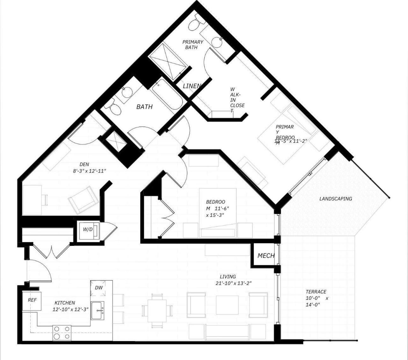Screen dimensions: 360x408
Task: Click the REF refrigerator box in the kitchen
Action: pos(32,301)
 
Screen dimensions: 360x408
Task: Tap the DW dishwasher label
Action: pos(99,288)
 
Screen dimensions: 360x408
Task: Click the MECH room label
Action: pos(266,256)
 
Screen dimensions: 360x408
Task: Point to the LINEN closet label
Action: pos(192,86)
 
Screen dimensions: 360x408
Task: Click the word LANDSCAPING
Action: pos(335,199)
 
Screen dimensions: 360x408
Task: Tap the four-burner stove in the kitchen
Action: pos(62,333)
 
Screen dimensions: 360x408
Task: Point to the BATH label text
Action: pos(144,107)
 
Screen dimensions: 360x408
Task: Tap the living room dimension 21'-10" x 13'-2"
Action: pos(234,283)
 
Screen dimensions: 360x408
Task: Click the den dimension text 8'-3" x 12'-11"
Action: pos(89,171)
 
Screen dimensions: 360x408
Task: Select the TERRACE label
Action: pos(316,292)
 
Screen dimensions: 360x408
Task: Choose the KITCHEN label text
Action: pos(65,303)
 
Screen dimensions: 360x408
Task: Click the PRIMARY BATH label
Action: pos(193,45)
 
